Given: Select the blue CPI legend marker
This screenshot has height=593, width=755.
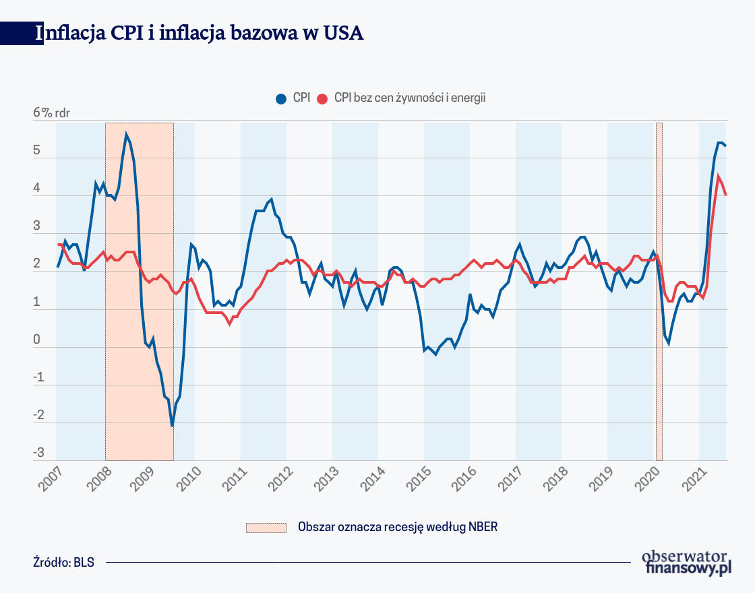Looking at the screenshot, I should pyautogui.click(x=281, y=98).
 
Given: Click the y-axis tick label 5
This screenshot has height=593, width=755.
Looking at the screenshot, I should pyautogui.click(x=36, y=152).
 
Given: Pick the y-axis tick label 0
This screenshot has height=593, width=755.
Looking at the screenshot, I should pyautogui.click(x=36, y=340).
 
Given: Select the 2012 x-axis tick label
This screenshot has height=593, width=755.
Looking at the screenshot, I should pyautogui.click(x=276, y=478).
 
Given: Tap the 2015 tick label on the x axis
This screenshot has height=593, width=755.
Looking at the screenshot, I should pyautogui.click(x=414, y=478).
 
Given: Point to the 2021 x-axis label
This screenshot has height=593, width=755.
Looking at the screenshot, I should pyautogui.click(x=689, y=478).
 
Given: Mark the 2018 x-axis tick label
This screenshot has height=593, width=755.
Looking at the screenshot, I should pyautogui.click(x=551, y=478).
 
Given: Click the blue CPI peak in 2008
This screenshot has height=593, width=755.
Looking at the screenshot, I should pyautogui.click(x=126, y=134).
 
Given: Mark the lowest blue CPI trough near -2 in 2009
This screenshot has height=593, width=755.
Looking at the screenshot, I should pyautogui.click(x=172, y=425).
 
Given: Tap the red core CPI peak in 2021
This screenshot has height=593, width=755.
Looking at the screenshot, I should pyautogui.click(x=719, y=177).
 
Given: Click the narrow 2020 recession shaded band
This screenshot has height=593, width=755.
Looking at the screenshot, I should pyautogui.click(x=659, y=290).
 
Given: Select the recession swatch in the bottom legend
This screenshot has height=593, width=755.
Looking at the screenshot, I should pyautogui.click(x=266, y=527).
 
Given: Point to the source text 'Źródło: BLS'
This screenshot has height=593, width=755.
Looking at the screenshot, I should pyautogui.click(x=63, y=562).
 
